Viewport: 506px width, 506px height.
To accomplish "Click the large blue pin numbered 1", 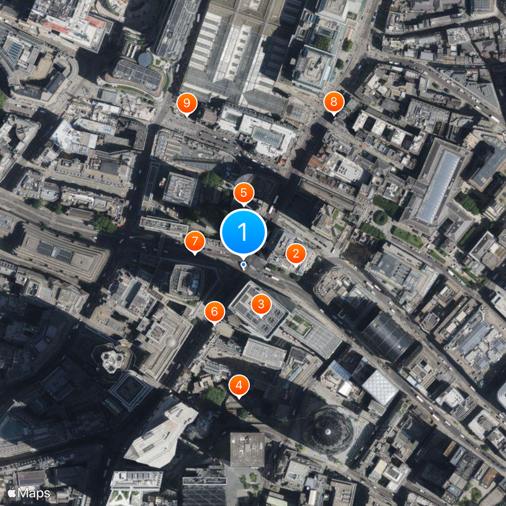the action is (x=244, y=232).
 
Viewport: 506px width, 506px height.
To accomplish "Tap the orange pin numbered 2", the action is (x=295, y=254).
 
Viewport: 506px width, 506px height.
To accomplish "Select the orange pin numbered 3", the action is (x=261, y=304).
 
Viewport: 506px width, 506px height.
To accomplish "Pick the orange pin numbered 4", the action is (x=238, y=384).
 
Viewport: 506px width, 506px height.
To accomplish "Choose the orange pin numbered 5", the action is (x=244, y=193).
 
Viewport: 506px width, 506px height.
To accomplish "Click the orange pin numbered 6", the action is (x=214, y=311).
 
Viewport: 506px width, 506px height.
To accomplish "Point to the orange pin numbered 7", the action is (x=194, y=242).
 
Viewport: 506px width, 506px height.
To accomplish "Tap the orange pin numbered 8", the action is (x=333, y=101).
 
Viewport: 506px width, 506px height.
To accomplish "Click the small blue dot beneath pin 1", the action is (x=244, y=264).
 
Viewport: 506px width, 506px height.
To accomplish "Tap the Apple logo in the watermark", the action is (x=11, y=492).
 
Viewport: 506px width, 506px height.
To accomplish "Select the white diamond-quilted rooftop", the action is (x=380, y=387).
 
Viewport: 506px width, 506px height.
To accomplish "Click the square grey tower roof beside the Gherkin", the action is (x=247, y=448).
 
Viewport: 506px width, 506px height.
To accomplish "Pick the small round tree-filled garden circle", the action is (x=380, y=218).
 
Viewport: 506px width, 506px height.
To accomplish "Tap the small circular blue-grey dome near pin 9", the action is (x=145, y=59).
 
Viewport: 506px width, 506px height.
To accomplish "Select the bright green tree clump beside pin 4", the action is (x=215, y=396).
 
